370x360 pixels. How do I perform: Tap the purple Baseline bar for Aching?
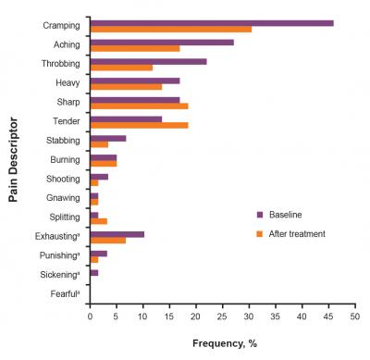point(162,43)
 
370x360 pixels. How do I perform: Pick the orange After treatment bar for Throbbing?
point(121,68)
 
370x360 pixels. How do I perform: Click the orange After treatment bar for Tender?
point(139,125)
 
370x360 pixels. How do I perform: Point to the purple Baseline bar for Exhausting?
point(117,235)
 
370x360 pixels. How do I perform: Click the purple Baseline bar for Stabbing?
point(107,139)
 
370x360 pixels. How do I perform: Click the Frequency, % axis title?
point(222,341)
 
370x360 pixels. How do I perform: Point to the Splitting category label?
point(61,218)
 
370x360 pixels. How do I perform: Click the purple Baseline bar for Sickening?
point(93,273)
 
